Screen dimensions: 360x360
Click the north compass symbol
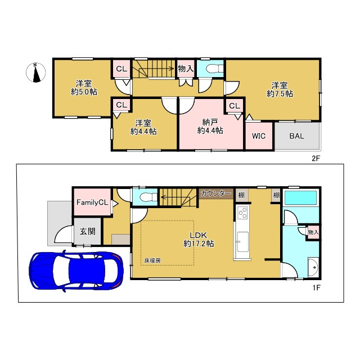pyautogui.click(x=35, y=73)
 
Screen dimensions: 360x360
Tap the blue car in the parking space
pyautogui.click(x=76, y=272)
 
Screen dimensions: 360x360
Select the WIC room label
pyautogui.click(x=259, y=136)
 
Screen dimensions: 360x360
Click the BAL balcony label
pyautogui.click(x=296, y=136)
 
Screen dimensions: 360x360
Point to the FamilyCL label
pyautogui.click(x=92, y=202)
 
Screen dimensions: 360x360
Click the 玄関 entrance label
pyautogui.click(x=88, y=231)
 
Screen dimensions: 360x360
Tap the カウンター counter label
pyautogui.click(x=215, y=193)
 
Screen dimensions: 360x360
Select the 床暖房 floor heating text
pyautogui.click(x=152, y=260)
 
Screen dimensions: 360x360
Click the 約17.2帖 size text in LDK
pyautogui.click(x=199, y=244)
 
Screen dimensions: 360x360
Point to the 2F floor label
pyautogui.click(x=316, y=158)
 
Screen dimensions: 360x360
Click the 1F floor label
pyautogui.click(x=316, y=287)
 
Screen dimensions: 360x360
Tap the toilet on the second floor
pyautogui.click(x=214, y=69)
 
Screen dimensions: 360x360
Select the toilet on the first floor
pyautogui.click(x=148, y=197)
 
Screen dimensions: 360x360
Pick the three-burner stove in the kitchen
pyautogui.click(x=243, y=213)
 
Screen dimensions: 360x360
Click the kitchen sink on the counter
pyautogui.click(x=242, y=242)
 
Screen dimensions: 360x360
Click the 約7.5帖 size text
pyautogui.click(x=280, y=94)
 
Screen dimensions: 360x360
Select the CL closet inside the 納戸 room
pyautogui.click(x=235, y=106)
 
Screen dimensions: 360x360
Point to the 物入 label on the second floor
pyautogui.click(x=186, y=69)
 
